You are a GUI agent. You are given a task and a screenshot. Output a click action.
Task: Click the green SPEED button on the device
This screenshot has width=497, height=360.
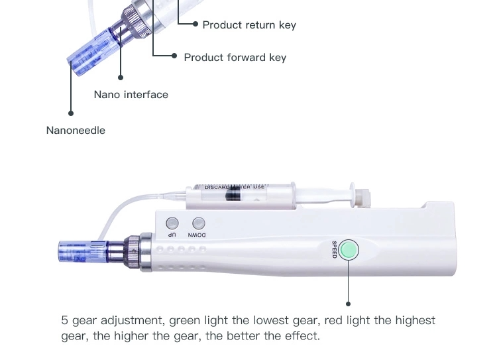pyautogui.click(x=349, y=250)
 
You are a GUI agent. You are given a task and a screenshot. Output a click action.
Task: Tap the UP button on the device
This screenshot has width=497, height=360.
pyautogui.click(x=172, y=223)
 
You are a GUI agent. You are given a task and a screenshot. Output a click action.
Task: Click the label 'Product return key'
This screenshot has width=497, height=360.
pyautogui.click(x=248, y=25)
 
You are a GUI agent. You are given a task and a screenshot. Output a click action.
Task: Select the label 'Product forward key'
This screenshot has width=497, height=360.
pyautogui.click(x=235, y=58)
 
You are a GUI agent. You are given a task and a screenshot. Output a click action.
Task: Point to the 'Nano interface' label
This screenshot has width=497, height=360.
pyautogui.click(x=131, y=95)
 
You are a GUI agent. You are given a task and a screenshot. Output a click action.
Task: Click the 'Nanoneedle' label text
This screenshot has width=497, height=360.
pyautogui.click(x=76, y=131)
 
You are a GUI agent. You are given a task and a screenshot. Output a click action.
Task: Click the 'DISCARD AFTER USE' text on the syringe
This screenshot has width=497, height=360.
pyautogui.click(x=235, y=188)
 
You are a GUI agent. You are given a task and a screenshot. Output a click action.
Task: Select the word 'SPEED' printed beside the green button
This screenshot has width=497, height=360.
pyautogui.click(x=335, y=250)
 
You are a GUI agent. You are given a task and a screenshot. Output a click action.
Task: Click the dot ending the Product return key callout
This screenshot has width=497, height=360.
pyautogui.click(x=195, y=25)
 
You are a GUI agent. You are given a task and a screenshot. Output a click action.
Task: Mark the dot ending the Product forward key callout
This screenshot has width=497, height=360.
pyautogui.click(x=175, y=56)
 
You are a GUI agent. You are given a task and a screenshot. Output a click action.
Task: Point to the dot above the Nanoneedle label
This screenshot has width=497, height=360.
pyautogui.click(x=71, y=114)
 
